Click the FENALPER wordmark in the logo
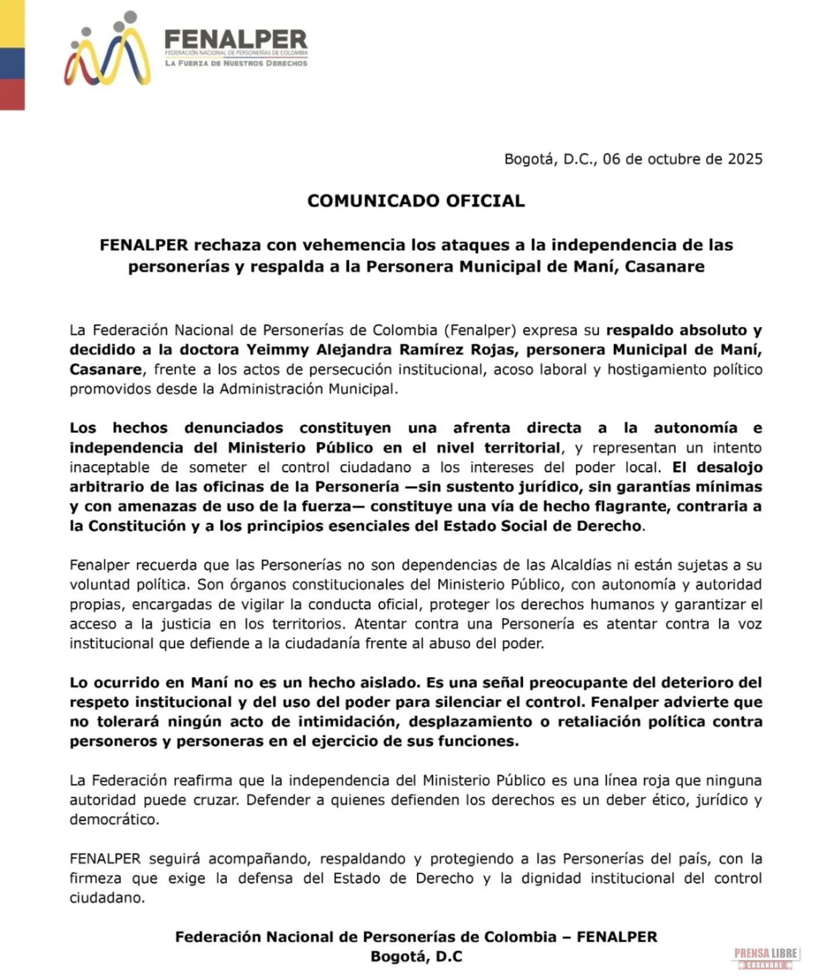[236, 39]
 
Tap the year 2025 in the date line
[745, 159]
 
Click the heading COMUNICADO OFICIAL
[416, 201]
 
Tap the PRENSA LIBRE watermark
[766, 954]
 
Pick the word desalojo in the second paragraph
[729, 467]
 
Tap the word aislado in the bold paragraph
[386, 683]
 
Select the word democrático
[114, 820]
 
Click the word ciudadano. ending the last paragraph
[107, 898]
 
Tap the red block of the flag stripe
[12, 94]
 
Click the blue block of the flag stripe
[12, 64]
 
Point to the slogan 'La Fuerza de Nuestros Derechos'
[236, 63]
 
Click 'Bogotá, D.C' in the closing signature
[416, 957]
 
